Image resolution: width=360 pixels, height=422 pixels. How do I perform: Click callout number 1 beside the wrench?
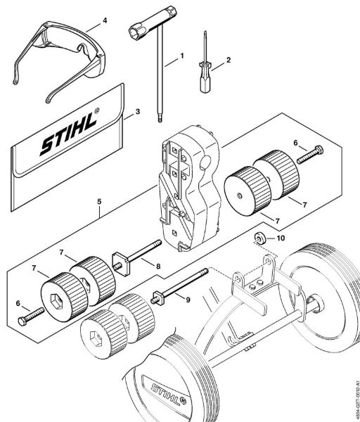(x=182, y=54)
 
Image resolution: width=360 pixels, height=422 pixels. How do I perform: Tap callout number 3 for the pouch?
(x=137, y=110)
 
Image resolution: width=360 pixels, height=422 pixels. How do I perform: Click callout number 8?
(x=158, y=267)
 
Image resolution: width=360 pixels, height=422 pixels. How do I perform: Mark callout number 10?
(x=281, y=238)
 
